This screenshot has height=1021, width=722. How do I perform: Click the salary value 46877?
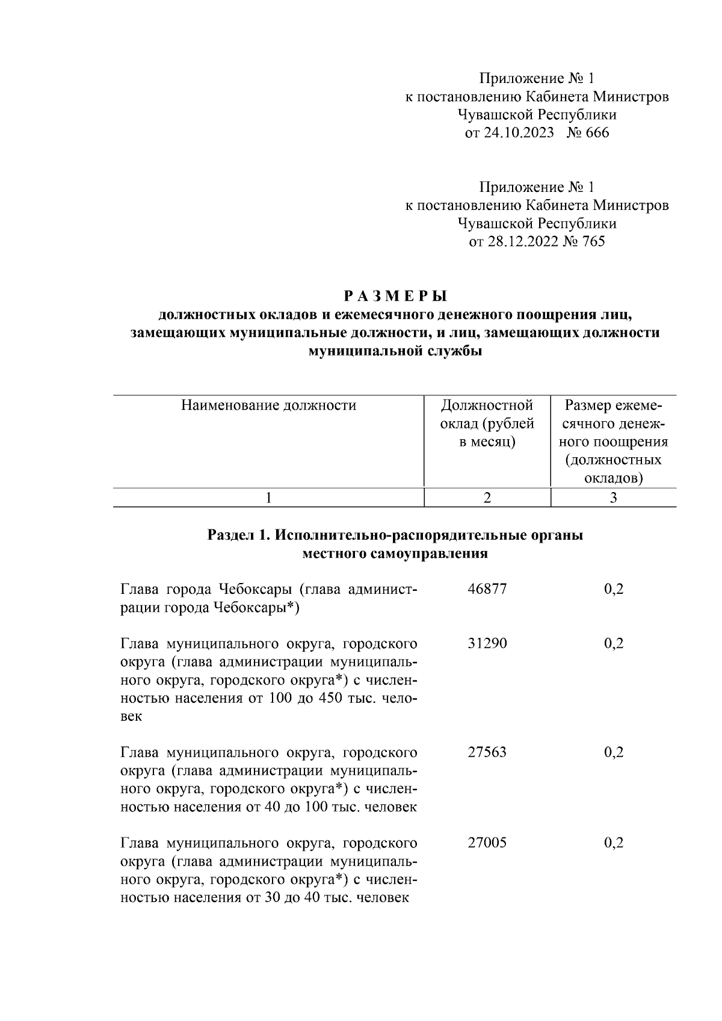[487, 589]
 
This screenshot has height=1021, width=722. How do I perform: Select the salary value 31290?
[487, 644]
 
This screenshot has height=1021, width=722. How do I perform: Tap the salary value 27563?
[487, 752]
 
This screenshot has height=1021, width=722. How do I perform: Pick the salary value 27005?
[487, 842]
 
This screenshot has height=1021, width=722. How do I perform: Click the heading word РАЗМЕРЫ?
[395, 297]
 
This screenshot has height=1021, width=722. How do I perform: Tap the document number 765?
[593, 242]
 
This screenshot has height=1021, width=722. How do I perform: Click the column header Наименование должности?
[268, 406]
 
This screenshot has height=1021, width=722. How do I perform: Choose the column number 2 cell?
[487, 498]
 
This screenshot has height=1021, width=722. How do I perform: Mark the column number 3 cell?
[613, 498]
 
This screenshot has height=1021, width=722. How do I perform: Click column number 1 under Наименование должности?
[268, 498]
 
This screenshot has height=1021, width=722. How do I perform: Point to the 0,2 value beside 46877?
[613, 589]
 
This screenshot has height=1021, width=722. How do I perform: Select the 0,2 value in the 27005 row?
[613, 842]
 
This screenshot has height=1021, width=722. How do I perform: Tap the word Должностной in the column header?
[487, 406]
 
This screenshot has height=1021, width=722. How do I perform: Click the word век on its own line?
[131, 718]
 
